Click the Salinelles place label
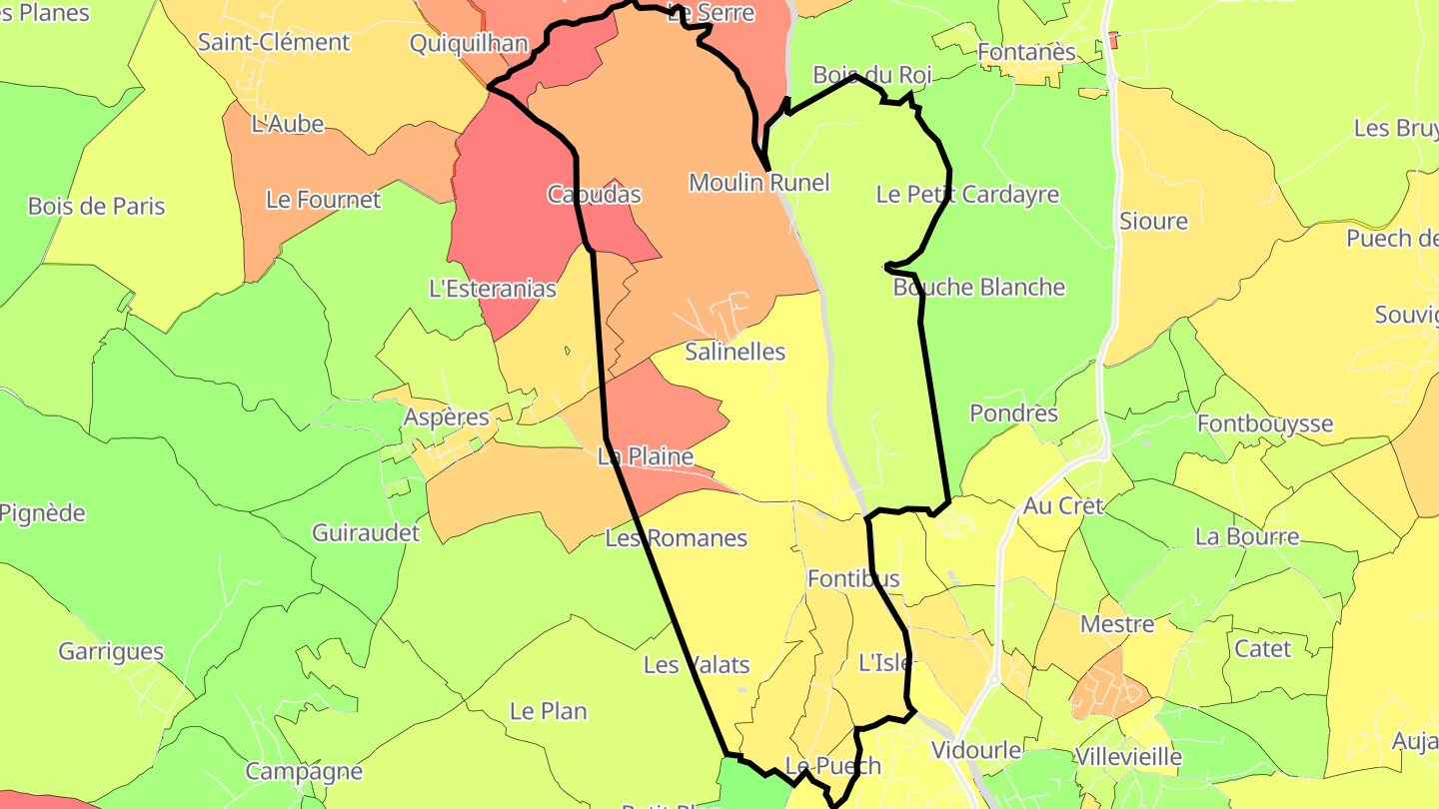point(735,352)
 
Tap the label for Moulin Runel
point(759,183)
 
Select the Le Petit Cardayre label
point(967,195)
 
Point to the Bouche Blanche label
point(979,288)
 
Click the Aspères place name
point(446,417)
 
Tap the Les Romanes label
point(677,538)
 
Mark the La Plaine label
point(645,457)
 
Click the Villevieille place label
point(1128,757)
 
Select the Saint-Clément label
point(274,43)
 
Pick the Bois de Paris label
point(97,207)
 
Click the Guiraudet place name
point(366,533)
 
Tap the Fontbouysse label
point(1265,423)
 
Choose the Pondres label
point(1013,413)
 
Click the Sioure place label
point(1153,222)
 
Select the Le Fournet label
point(323,200)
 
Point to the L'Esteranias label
point(493,290)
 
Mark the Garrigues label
point(111,652)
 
